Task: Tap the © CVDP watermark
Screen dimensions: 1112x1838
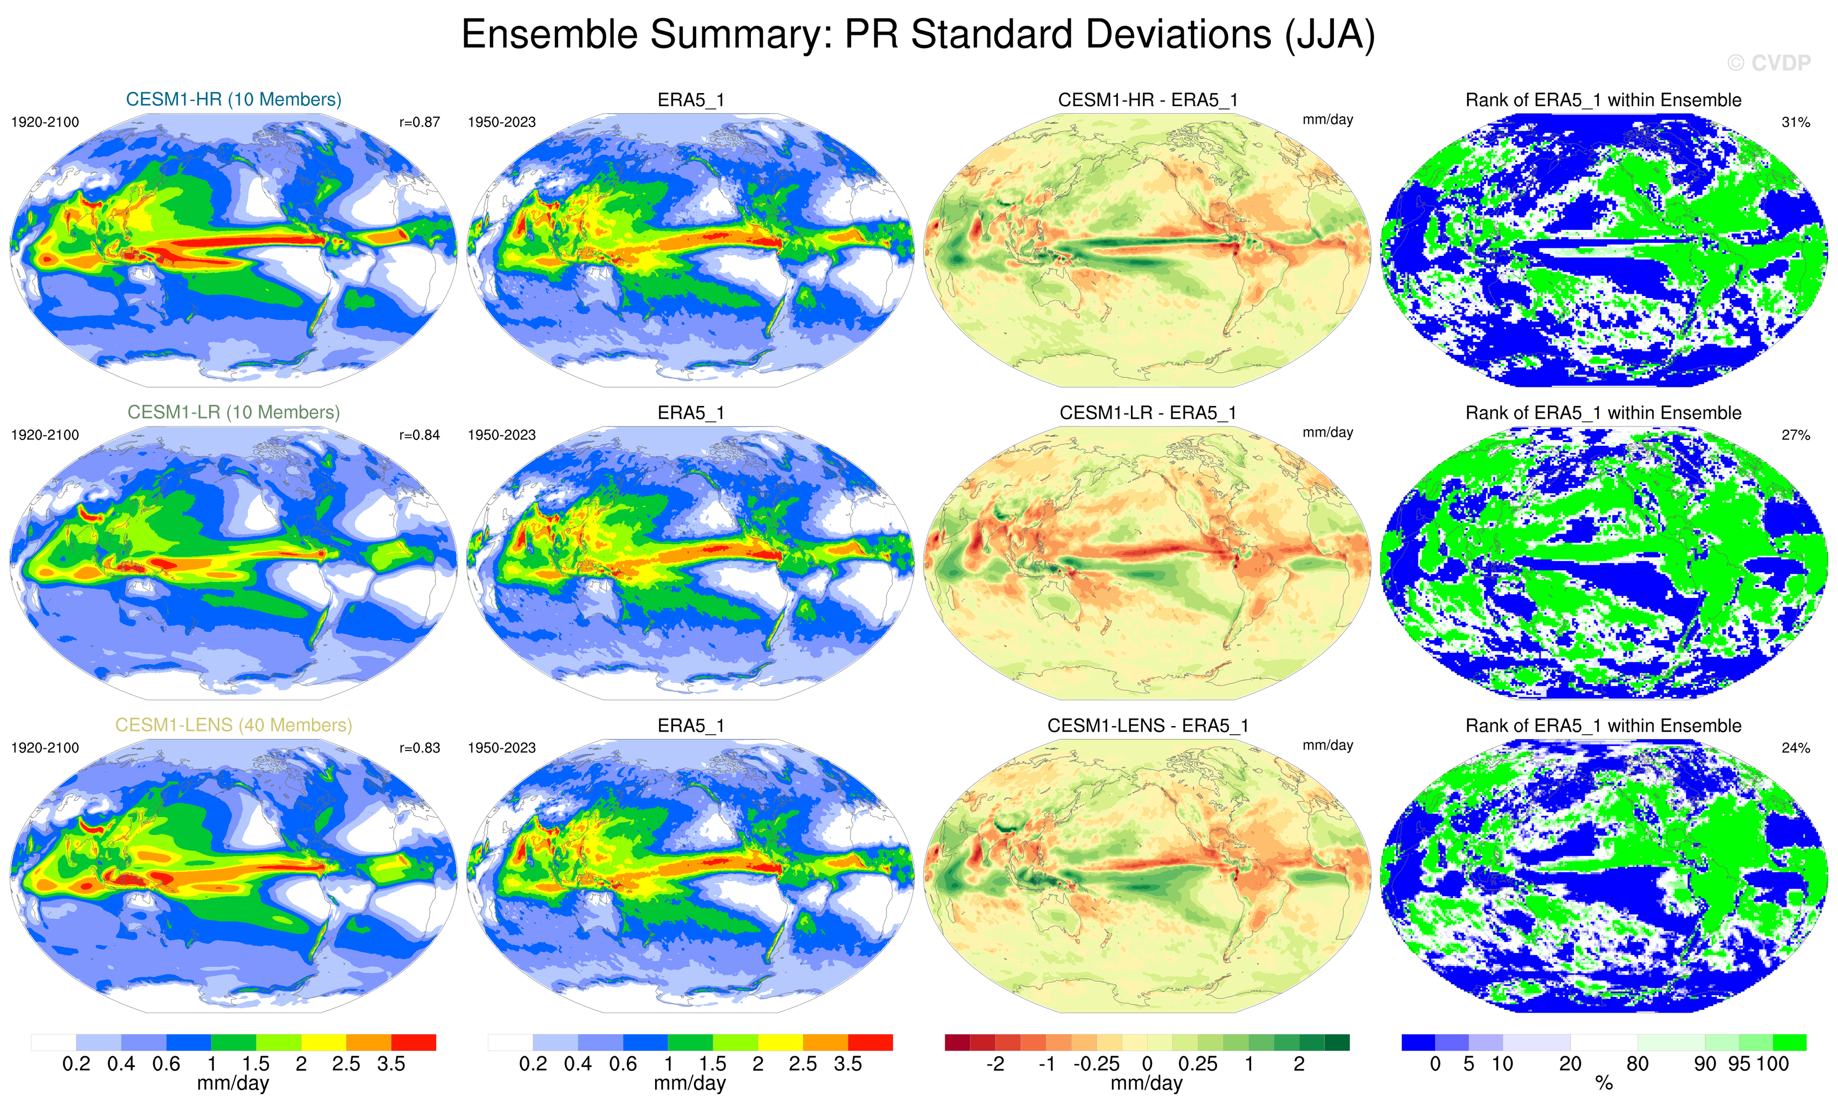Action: click(1768, 63)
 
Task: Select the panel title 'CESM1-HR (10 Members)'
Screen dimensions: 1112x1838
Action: click(233, 99)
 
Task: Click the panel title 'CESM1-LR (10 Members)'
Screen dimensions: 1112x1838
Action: click(233, 412)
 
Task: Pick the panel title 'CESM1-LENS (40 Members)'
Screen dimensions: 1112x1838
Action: click(233, 725)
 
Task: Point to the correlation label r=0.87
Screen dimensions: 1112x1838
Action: click(419, 122)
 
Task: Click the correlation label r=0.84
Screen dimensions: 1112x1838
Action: click(419, 435)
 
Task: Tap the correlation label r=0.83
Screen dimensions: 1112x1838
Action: click(419, 748)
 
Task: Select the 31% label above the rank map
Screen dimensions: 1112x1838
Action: click(1795, 122)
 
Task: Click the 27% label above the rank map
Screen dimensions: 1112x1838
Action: click(1795, 435)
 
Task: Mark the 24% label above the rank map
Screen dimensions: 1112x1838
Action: click(1795, 748)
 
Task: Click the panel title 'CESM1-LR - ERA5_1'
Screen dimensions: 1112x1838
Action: click(1147, 412)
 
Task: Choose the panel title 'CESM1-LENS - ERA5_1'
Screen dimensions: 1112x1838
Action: click(1147, 726)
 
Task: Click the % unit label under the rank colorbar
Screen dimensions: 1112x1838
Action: click(1604, 1084)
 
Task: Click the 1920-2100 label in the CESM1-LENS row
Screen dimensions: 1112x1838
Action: click(45, 748)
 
